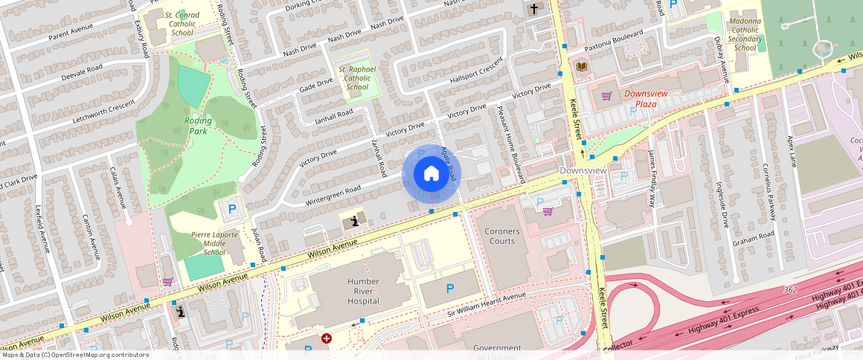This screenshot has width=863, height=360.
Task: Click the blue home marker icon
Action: [431, 174]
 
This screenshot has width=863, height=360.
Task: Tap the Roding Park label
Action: [197, 126]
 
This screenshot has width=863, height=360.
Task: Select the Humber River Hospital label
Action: [363, 291]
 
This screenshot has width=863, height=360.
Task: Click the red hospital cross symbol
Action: [326, 338]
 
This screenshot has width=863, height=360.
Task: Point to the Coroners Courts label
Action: [501, 236]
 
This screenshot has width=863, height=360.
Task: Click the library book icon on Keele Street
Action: [582, 68]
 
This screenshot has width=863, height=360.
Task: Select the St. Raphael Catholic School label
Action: [357, 78]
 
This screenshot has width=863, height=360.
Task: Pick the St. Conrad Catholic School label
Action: [182, 23]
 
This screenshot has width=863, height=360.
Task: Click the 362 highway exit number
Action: [791, 289]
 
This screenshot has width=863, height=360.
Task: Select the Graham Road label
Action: [753, 242]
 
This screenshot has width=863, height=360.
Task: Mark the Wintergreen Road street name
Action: [333, 196]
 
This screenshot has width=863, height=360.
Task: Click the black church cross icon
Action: [533, 9]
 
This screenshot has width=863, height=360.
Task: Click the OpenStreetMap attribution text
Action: [75, 355]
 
